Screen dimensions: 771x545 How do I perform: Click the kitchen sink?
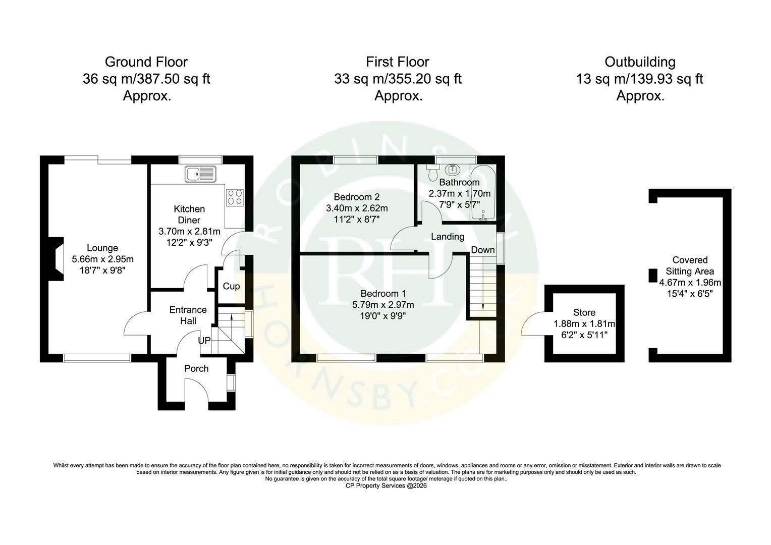pos(200,174)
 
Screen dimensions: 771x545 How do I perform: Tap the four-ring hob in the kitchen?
pos(235,198)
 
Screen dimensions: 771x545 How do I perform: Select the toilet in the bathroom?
pos(432,173)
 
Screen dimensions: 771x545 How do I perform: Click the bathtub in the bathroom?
pos(483,193)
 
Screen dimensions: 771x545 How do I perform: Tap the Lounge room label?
pos(102,248)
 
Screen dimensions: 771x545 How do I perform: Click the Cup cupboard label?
pos(231,287)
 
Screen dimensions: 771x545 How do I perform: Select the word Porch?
pos(196,369)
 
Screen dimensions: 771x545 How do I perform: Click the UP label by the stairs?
pos(204,341)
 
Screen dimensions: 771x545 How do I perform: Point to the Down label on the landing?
pos(483,250)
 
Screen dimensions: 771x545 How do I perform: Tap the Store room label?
pos(584,312)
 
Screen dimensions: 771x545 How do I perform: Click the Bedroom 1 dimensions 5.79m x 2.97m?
pos(383,305)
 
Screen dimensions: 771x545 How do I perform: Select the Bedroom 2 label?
pos(357,197)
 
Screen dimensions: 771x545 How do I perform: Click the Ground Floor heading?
pos(146,62)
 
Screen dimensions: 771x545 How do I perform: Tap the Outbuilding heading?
pos(640,62)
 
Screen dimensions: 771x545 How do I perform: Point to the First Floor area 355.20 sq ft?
pos(425,79)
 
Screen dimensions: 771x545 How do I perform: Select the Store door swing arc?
pos(532,322)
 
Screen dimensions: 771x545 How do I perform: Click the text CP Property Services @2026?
pos(386,486)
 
